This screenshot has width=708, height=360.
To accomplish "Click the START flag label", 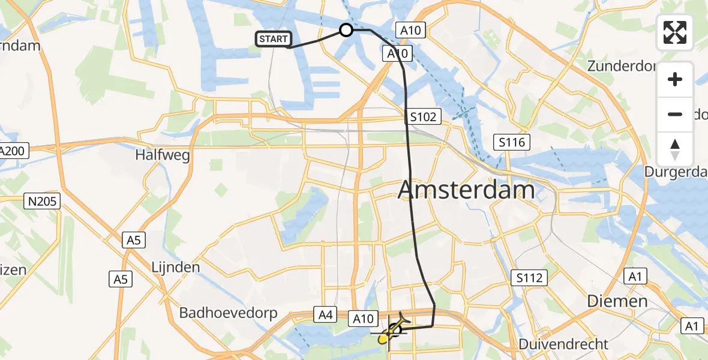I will pyautogui.click(x=274, y=39).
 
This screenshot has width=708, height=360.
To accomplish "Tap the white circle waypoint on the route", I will pyautogui.click(x=346, y=30).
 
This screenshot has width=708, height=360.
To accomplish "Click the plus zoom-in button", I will pyautogui.click(x=675, y=80).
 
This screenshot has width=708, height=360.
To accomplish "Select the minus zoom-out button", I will pyautogui.click(x=675, y=114).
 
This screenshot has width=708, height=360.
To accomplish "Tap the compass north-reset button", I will pyautogui.click(x=675, y=149).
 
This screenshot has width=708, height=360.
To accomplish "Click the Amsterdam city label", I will pyautogui.click(x=466, y=190).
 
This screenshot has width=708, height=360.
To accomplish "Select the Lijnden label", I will pyautogui.click(x=175, y=267).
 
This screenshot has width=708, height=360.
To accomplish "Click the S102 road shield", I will pyautogui.click(x=424, y=116).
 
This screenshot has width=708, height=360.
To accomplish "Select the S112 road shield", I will pyautogui.click(x=529, y=278).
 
